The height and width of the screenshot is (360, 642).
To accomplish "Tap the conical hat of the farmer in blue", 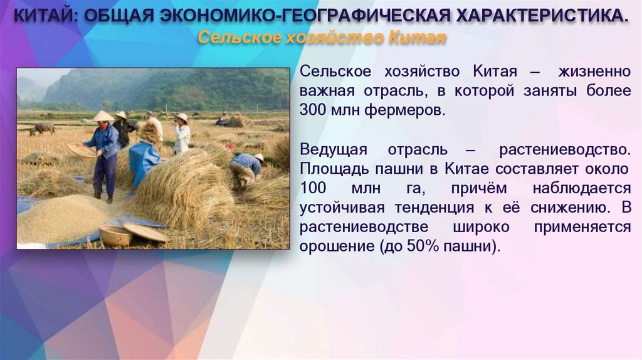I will (103, 117).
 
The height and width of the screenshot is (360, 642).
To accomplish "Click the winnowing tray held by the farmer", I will (81, 150).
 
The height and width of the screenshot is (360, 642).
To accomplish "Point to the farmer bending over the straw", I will (246, 167).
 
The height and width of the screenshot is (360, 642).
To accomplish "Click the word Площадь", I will (330, 169).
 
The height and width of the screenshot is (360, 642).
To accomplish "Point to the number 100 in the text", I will (313, 189).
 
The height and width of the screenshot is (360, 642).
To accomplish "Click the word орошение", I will (336, 246).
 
